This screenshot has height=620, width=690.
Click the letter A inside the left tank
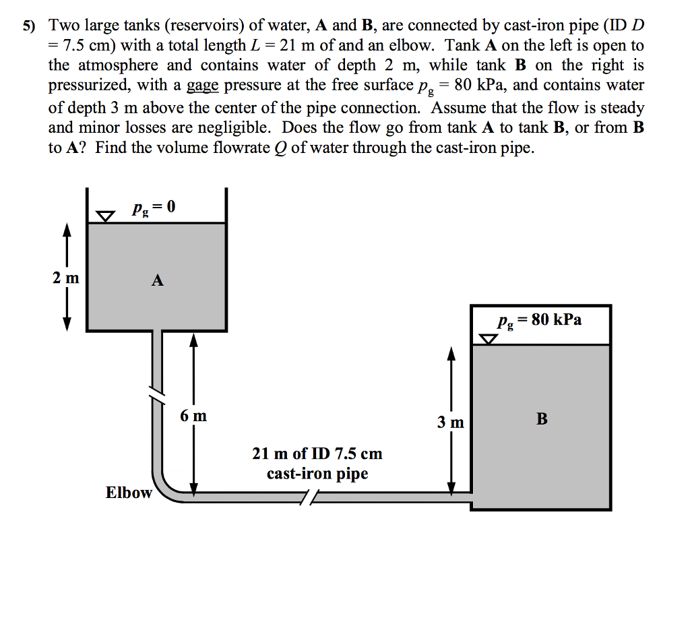[x=157, y=280]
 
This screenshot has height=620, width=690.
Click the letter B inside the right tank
[x=542, y=419]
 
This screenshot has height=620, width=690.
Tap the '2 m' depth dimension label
[x=66, y=278]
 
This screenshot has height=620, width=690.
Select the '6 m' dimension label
[x=193, y=416]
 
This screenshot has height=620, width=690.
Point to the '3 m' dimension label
[x=450, y=423]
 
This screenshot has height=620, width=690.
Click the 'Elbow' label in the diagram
[x=129, y=493]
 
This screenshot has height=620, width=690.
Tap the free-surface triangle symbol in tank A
[x=104, y=216]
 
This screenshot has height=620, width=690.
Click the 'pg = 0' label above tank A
[x=154, y=207]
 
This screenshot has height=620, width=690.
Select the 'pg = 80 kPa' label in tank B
[x=539, y=320]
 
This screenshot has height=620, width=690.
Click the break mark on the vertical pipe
[x=157, y=394]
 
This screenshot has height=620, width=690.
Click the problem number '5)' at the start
[x=28, y=27]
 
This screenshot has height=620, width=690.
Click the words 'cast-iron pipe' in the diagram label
[x=317, y=474]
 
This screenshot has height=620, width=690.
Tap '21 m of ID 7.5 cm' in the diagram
[x=317, y=454]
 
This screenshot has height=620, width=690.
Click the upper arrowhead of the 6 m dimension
[x=194, y=340]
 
